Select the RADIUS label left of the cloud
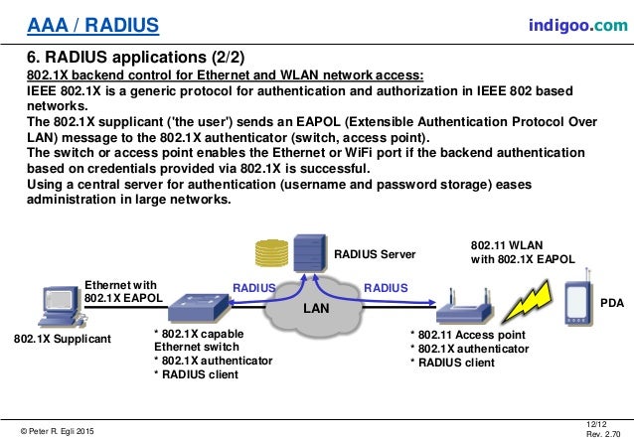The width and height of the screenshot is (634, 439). (x=253, y=288)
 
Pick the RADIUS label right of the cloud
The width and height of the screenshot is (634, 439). (x=386, y=288)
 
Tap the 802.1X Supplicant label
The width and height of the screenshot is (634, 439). (x=63, y=340)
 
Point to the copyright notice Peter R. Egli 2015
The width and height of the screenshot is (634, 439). (x=60, y=429)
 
